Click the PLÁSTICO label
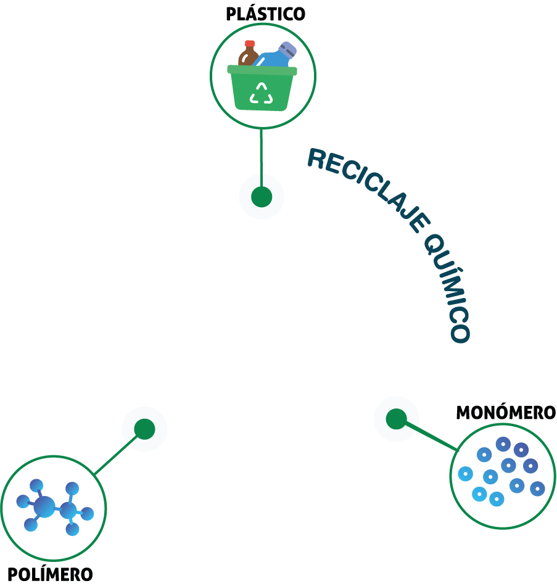click(265, 14)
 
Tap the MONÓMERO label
click(506, 412)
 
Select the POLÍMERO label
click(50, 574)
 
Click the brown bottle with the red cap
click(247, 54)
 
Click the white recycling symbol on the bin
click(262, 93)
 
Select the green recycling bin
click(262, 88)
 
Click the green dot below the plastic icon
click(262, 197)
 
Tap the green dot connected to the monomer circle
click(396, 419)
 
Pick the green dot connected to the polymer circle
click(144, 429)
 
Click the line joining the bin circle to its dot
click(262, 158)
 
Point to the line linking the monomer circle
click(431, 435)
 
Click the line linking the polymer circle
click(116, 455)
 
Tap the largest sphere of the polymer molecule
click(44, 507)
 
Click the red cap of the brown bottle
click(249, 44)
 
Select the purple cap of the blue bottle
click(287, 49)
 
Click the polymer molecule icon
click(55, 507)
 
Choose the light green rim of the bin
click(262, 71)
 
